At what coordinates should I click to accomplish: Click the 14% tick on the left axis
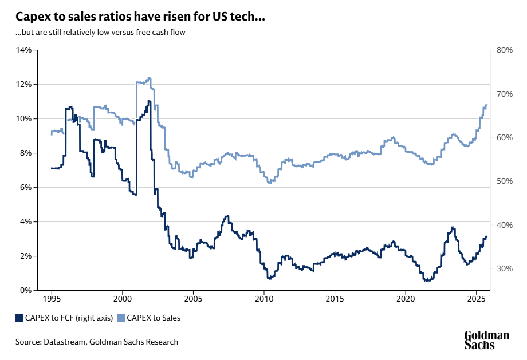[x=24, y=50]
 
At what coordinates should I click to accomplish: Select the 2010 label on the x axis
[x=263, y=299]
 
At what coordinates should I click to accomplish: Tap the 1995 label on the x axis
[x=52, y=299]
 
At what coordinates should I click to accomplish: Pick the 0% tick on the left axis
[x=26, y=290]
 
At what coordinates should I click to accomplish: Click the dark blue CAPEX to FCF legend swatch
[x=19, y=318]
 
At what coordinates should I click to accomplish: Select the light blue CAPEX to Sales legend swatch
[x=121, y=318]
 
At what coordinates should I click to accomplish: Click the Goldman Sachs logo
[x=486, y=339]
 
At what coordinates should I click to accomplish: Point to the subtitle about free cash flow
[x=100, y=32]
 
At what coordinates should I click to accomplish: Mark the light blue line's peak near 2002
[x=149, y=78]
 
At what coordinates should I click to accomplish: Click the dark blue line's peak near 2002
[x=149, y=101]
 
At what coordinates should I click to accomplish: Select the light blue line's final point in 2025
[x=487, y=105]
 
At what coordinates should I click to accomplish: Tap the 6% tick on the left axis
[x=26, y=187]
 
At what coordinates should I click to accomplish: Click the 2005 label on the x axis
[x=193, y=299]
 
